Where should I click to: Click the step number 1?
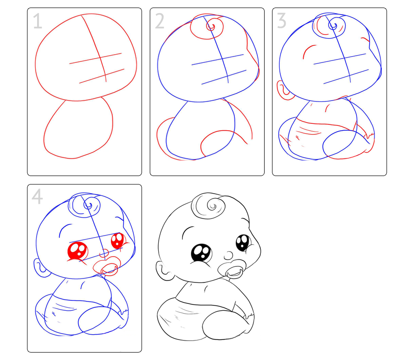[x=38, y=21]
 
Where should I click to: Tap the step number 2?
[x=160, y=21]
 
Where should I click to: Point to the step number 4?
[x=37, y=197]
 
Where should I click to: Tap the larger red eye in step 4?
[x=78, y=251]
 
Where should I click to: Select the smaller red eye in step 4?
[x=118, y=240]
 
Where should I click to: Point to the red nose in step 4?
[x=104, y=253]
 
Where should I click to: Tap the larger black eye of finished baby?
[x=202, y=253]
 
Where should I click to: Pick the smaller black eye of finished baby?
[x=243, y=243]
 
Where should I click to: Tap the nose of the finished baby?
[x=228, y=256]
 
